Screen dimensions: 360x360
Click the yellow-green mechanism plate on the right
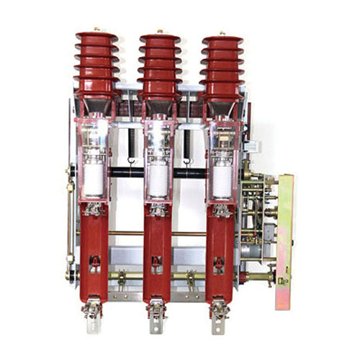tap(284, 230)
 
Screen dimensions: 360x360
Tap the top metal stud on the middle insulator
tap(160, 32)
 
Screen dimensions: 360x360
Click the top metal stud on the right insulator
tap(221, 33)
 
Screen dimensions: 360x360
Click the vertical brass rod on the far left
tap(70, 216)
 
